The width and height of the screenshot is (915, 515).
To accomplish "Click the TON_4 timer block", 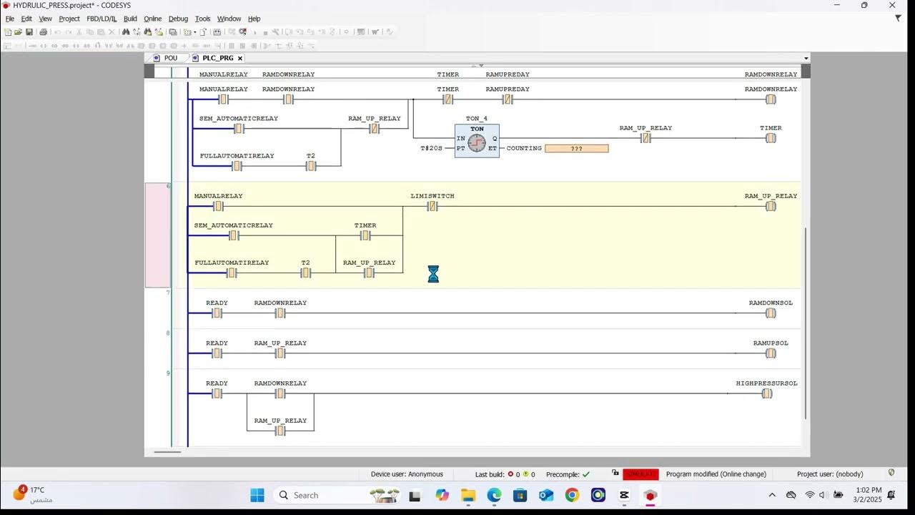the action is (477, 141).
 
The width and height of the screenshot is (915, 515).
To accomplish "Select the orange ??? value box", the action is (576, 149).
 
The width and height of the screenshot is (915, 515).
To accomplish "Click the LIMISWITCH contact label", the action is (432, 196).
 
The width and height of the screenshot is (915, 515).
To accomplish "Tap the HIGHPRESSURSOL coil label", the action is (766, 383).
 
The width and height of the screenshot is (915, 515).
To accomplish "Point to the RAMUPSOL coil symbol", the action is (771, 353).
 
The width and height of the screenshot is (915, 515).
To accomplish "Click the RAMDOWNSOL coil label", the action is (771, 303).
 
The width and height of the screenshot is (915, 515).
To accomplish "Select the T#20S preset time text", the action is (431, 149).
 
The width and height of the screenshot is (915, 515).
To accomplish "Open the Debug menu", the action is (178, 19).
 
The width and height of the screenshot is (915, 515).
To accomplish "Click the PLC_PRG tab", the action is (217, 58).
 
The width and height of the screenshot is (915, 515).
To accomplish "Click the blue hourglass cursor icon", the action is (433, 274).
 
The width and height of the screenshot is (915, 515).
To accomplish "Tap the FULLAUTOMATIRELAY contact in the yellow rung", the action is (232, 273).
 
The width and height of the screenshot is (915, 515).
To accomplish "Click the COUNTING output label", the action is (524, 149).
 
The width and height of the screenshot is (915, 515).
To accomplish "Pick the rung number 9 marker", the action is (168, 373).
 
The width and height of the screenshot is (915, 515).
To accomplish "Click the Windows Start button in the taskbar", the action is (257, 495).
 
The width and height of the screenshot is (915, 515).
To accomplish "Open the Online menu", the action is (152, 19).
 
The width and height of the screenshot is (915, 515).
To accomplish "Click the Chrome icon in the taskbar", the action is (572, 495).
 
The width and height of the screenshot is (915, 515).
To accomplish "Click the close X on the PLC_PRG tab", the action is (240, 58).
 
